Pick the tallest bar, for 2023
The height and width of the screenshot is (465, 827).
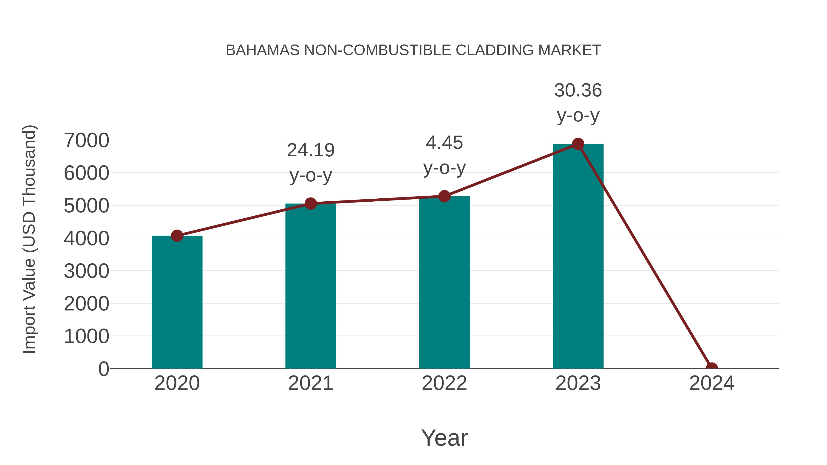click(x=578, y=257)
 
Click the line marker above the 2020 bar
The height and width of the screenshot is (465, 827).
click(x=177, y=236)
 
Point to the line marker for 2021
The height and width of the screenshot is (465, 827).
click(x=310, y=203)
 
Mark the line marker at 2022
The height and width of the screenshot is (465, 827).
click(x=444, y=196)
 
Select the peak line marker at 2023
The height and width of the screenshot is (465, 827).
click(x=578, y=144)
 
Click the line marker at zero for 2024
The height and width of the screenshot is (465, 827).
click(x=711, y=368)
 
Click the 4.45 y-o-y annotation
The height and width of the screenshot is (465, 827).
click(x=444, y=155)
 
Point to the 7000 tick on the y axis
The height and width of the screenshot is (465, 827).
click(x=86, y=140)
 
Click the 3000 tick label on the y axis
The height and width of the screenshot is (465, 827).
click(x=86, y=271)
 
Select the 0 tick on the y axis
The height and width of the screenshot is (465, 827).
click(x=103, y=369)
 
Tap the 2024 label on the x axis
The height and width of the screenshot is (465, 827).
click(x=711, y=383)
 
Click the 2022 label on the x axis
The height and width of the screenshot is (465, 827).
click(x=444, y=383)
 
